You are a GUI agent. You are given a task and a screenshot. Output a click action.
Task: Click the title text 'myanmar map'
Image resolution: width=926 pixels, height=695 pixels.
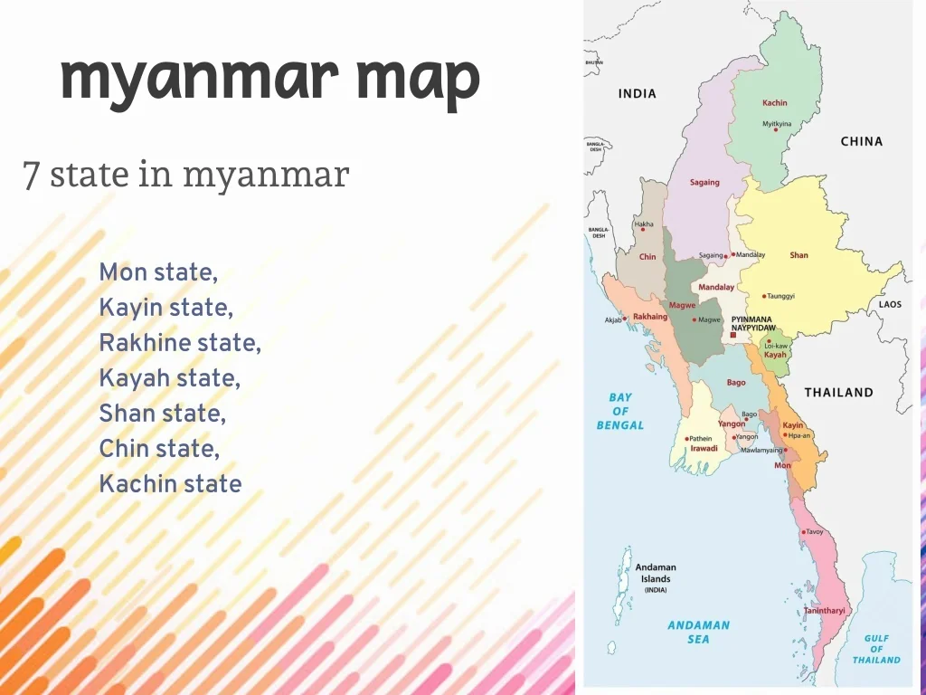(x=269, y=80)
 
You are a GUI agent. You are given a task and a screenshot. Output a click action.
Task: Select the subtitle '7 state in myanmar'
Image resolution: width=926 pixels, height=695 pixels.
(x=185, y=174)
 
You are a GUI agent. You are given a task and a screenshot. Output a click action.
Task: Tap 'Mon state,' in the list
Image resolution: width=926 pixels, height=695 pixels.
(x=158, y=271)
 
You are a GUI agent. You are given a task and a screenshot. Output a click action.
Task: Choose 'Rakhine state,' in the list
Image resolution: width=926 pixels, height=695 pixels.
(x=180, y=343)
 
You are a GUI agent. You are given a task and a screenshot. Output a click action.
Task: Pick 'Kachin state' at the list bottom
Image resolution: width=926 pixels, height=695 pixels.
(x=170, y=483)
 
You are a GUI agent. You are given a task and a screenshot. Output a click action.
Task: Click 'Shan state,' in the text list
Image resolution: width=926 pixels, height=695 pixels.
(x=162, y=414)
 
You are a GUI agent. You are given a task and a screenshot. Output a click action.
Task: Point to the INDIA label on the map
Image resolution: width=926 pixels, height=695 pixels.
(x=637, y=93)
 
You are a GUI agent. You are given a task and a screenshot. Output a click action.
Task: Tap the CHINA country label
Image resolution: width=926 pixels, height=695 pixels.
(x=861, y=141)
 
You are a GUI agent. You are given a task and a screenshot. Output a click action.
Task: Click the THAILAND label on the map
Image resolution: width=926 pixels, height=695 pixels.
(x=838, y=392)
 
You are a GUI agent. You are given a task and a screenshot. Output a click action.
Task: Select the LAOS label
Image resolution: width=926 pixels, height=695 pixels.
(x=890, y=304)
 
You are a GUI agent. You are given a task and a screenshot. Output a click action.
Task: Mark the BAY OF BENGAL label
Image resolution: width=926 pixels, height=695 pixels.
(x=620, y=411)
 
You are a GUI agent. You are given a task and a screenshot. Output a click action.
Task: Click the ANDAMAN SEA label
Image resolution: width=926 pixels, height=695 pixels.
(x=698, y=632)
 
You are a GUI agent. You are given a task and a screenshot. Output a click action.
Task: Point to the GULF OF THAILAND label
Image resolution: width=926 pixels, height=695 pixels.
(x=876, y=649)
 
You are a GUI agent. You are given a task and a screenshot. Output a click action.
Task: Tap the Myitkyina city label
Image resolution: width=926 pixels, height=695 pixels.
(x=777, y=123)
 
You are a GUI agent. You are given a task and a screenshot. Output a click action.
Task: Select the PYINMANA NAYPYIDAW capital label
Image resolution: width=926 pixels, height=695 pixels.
(x=753, y=323)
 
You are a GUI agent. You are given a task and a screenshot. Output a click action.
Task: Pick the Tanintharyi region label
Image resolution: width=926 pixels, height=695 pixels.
(x=825, y=611)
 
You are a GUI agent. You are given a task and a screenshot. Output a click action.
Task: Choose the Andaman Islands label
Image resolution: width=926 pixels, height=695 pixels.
(x=656, y=573)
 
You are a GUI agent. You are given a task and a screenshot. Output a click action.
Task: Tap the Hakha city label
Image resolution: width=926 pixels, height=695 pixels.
(x=644, y=224)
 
